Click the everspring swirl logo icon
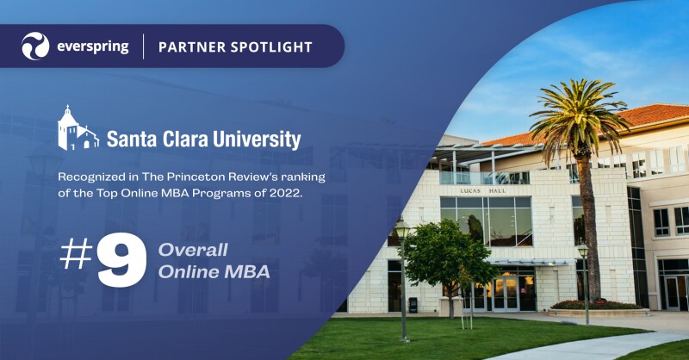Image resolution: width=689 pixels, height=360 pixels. tap(35, 46)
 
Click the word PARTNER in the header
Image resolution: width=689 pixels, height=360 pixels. tap(189, 47)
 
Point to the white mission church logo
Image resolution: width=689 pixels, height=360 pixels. tap(78, 128)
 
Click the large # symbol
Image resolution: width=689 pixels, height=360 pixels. tap(75, 256)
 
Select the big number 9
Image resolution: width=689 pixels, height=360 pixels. tap(121, 261)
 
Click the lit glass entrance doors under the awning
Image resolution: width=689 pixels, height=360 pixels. tap(504, 293)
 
